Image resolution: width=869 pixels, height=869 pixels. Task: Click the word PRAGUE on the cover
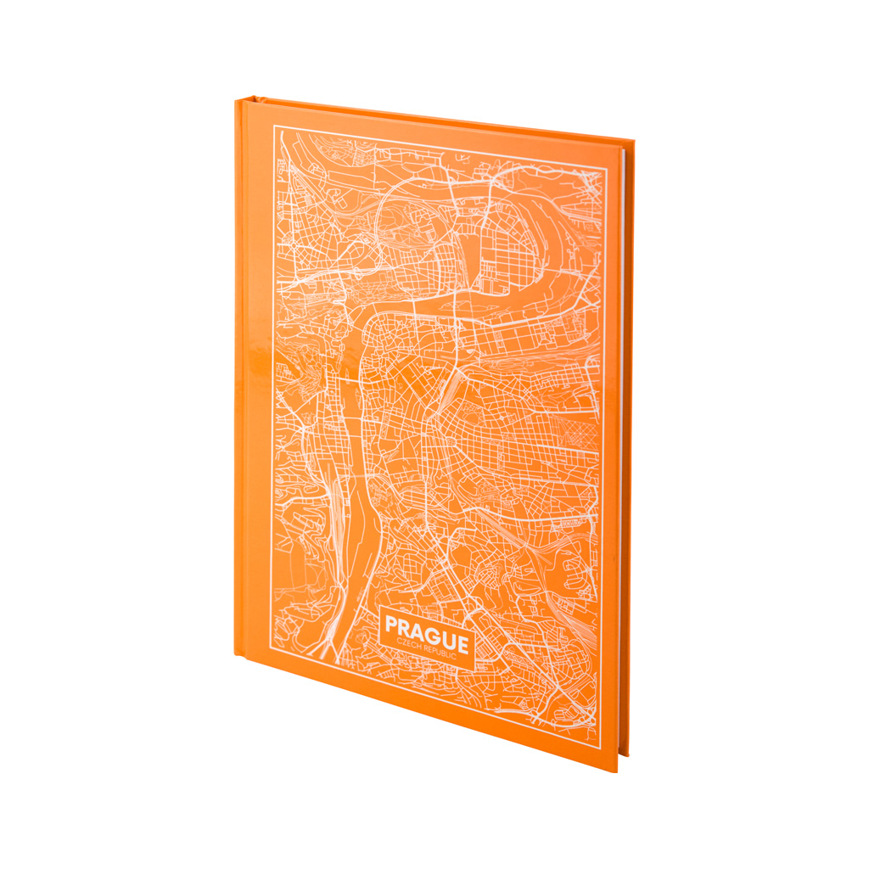(426, 631)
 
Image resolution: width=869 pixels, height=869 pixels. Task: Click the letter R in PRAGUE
(406, 627)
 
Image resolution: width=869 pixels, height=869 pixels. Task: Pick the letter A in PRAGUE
(419, 630)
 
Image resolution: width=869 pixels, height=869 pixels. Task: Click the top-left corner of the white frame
(273, 127)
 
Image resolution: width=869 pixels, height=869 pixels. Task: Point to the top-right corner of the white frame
(608, 169)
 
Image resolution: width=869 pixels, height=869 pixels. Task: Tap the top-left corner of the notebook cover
(236, 99)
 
